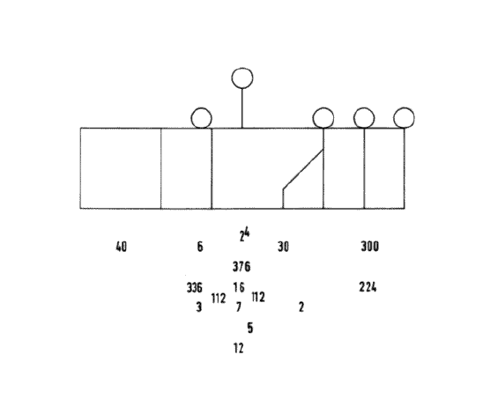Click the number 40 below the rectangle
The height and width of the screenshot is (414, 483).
pyautogui.click(x=121, y=247)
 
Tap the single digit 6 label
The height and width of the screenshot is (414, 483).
pyautogui.click(x=200, y=247)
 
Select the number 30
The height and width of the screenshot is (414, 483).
pyautogui.click(x=283, y=247)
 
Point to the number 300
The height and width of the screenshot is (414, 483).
pyautogui.click(x=369, y=247)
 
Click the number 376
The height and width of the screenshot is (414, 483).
pyautogui.click(x=241, y=267)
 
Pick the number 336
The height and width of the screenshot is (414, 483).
pyautogui.click(x=195, y=288)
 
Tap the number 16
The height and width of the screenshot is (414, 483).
pyautogui.click(x=239, y=287)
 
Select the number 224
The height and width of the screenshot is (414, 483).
pyautogui.click(x=368, y=287)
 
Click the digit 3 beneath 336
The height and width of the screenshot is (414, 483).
pyautogui.click(x=199, y=307)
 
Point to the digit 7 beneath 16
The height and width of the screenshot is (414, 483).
pyautogui.click(x=239, y=307)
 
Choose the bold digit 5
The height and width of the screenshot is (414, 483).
pyautogui.click(x=250, y=328)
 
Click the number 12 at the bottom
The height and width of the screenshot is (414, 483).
pyautogui.click(x=239, y=348)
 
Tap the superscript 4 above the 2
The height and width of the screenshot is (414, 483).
pyautogui.click(x=247, y=233)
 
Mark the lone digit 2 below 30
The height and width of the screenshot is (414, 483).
pyautogui.click(x=301, y=307)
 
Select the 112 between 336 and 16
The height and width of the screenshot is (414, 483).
pyautogui.click(x=219, y=299)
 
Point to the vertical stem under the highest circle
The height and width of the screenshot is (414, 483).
pyautogui.click(x=242, y=108)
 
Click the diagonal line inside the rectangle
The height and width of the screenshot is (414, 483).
pyautogui.click(x=303, y=169)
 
